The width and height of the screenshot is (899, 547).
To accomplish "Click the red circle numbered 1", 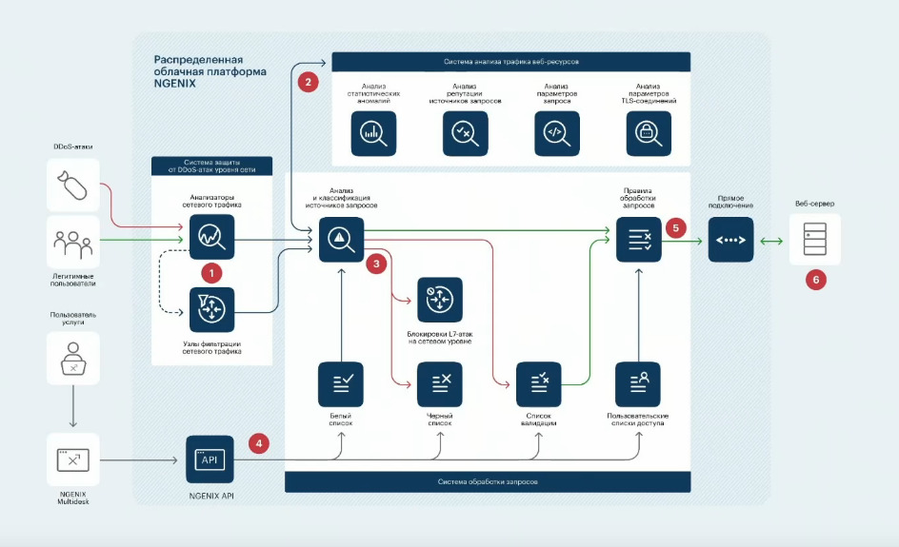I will (213, 271).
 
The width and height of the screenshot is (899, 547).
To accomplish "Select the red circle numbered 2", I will (308, 81).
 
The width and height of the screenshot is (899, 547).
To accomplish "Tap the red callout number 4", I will (259, 442).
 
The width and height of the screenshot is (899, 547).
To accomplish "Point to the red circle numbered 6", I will (815, 280).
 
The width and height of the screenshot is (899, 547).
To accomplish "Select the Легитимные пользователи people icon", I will (72, 243).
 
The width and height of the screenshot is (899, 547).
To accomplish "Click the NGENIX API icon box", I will (210, 459).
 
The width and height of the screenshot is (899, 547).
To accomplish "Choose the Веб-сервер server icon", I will (815, 238).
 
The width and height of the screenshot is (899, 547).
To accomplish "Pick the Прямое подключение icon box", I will (730, 238).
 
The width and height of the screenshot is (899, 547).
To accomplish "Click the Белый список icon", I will (342, 384).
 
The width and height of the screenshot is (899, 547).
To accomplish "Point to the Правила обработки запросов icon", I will (639, 238).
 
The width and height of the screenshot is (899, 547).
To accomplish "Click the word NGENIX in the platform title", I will (174, 84).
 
